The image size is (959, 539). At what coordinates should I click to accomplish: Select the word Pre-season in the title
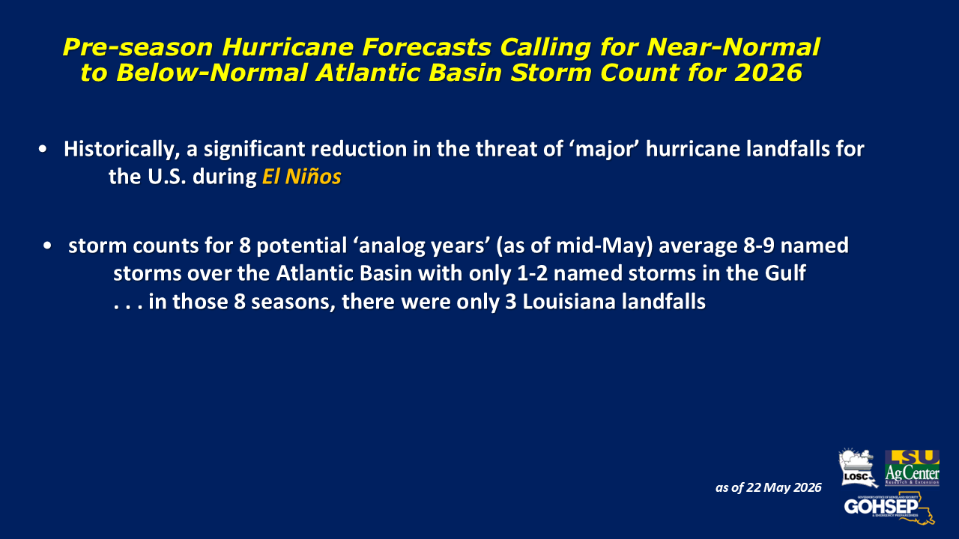pyautogui.click(x=138, y=47)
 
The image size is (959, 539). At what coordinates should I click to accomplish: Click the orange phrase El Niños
pyautogui.click(x=302, y=177)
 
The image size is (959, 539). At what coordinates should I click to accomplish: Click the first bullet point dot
pyautogui.click(x=43, y=149)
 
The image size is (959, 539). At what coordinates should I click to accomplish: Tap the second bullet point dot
pyautogui.click(x=47, y=246)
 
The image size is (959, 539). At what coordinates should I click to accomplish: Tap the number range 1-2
pyautogui.click(x=533, y=273)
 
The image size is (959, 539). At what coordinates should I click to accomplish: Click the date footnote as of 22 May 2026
pyautogui.click(x=769, y=487)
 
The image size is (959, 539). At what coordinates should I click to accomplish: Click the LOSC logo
pyautogui.click(x=858, y=468)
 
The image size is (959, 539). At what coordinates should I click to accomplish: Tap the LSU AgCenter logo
pyautogui.click(x=912, y=468)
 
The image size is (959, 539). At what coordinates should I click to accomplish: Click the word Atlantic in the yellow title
pyautogui.click(x=368, y=73)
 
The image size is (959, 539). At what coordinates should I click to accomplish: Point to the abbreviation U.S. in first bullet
pyautogui.click(x=167, y=177)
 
